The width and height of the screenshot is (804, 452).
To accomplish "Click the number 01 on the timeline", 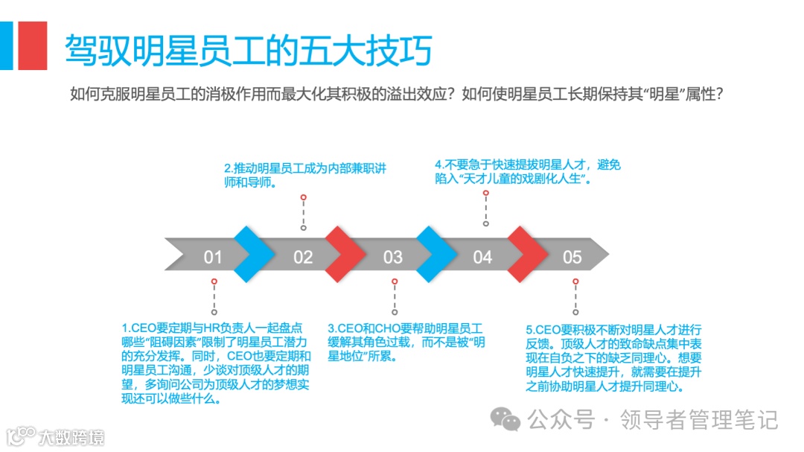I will pyautogui.click(x=213, y=258).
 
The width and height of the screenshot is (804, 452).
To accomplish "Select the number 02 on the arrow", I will pyautogui.click(x=303, y=258).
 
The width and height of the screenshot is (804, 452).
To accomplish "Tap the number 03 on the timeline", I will pyautogui.click(x=392, y=258).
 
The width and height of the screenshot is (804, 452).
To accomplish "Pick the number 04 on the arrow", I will pyautogui.click(x=482, y=258).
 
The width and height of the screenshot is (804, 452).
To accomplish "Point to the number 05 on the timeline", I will pyautogui.click(x=572, y=258).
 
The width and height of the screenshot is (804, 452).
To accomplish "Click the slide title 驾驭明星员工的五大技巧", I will pyautogui.click(x=249, y=51).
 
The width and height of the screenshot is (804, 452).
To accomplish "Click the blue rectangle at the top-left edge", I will pyautogui.click(x=6, y=45).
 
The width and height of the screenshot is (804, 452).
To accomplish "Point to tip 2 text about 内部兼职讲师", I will pyautogui.click(x=305, y=174).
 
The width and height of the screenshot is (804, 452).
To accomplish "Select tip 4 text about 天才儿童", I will pyautogui.click(x=527, y=172).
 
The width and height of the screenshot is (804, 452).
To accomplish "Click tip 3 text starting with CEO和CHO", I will pyautogui.click(x=406, y=342).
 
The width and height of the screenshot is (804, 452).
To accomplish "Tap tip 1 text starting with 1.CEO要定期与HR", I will pyautogui.click(x=216, y=363).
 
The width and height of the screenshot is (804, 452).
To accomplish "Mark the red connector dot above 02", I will pyautogui.click(x=303, y=197).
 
